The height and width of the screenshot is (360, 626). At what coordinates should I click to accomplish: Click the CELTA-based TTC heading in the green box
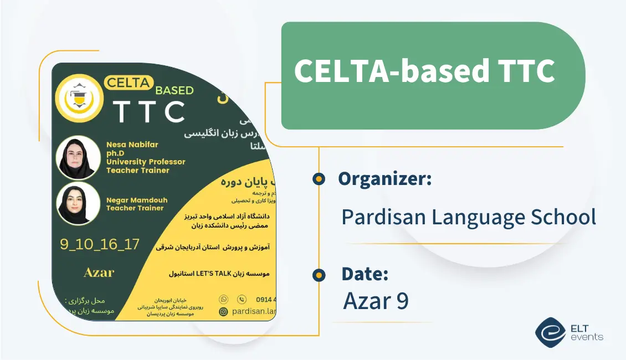[424, 71]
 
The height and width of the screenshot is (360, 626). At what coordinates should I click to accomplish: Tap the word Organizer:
[384, 178]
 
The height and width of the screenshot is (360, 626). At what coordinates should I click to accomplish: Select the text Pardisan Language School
[468, 217]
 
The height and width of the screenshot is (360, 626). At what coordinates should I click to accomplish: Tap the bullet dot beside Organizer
[319, 179]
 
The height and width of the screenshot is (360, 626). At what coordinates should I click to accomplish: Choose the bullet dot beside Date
[319, 274]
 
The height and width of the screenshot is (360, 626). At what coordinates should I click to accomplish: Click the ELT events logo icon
[550, 331]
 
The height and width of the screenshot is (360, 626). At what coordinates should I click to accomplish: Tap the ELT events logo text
[586, 332]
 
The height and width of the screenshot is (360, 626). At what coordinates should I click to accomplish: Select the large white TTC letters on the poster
[148, 111]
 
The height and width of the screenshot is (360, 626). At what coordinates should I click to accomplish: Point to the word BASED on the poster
[175, 90]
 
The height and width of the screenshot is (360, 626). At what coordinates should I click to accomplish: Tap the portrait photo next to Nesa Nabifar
[79, 157]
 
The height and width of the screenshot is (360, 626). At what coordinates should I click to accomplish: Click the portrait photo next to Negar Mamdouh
[79, 203]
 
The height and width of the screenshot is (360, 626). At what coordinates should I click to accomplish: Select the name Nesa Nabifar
[132, 145]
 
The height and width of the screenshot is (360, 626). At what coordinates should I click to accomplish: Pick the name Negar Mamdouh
[136, 200]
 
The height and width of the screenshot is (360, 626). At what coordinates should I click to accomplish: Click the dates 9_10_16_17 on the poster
[100, 244]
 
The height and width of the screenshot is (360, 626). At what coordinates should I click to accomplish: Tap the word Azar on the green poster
[99, 272]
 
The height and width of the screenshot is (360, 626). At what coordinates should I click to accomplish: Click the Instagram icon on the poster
[224, 312]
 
